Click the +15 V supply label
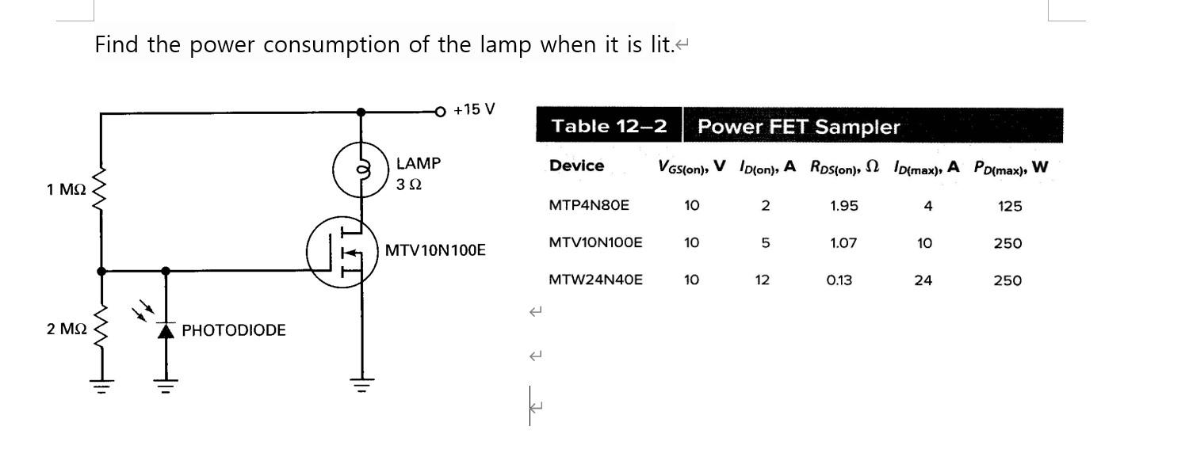tap(474, 109)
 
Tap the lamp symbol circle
tap(361, 169)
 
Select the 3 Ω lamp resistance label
tap(409, 185)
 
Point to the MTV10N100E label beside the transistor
tap(435, 251)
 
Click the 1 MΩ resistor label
tap(66, 190)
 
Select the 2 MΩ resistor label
tap(66, 329)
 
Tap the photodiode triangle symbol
tap(166, 331)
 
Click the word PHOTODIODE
tap(234, 330)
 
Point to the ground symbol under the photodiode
tap(166, 387)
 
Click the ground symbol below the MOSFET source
tap(361, 387)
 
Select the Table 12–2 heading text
tap(609, 127)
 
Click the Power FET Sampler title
tap(798, 127)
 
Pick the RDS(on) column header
tap(844, 167)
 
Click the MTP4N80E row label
tap(588, 206)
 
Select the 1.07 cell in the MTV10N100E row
tap(843, 243)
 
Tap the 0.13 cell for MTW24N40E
tap(839, 280)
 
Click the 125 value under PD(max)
tap(1010, 207)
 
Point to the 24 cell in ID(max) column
tap(923, 280)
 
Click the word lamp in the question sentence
tap(506, 45)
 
